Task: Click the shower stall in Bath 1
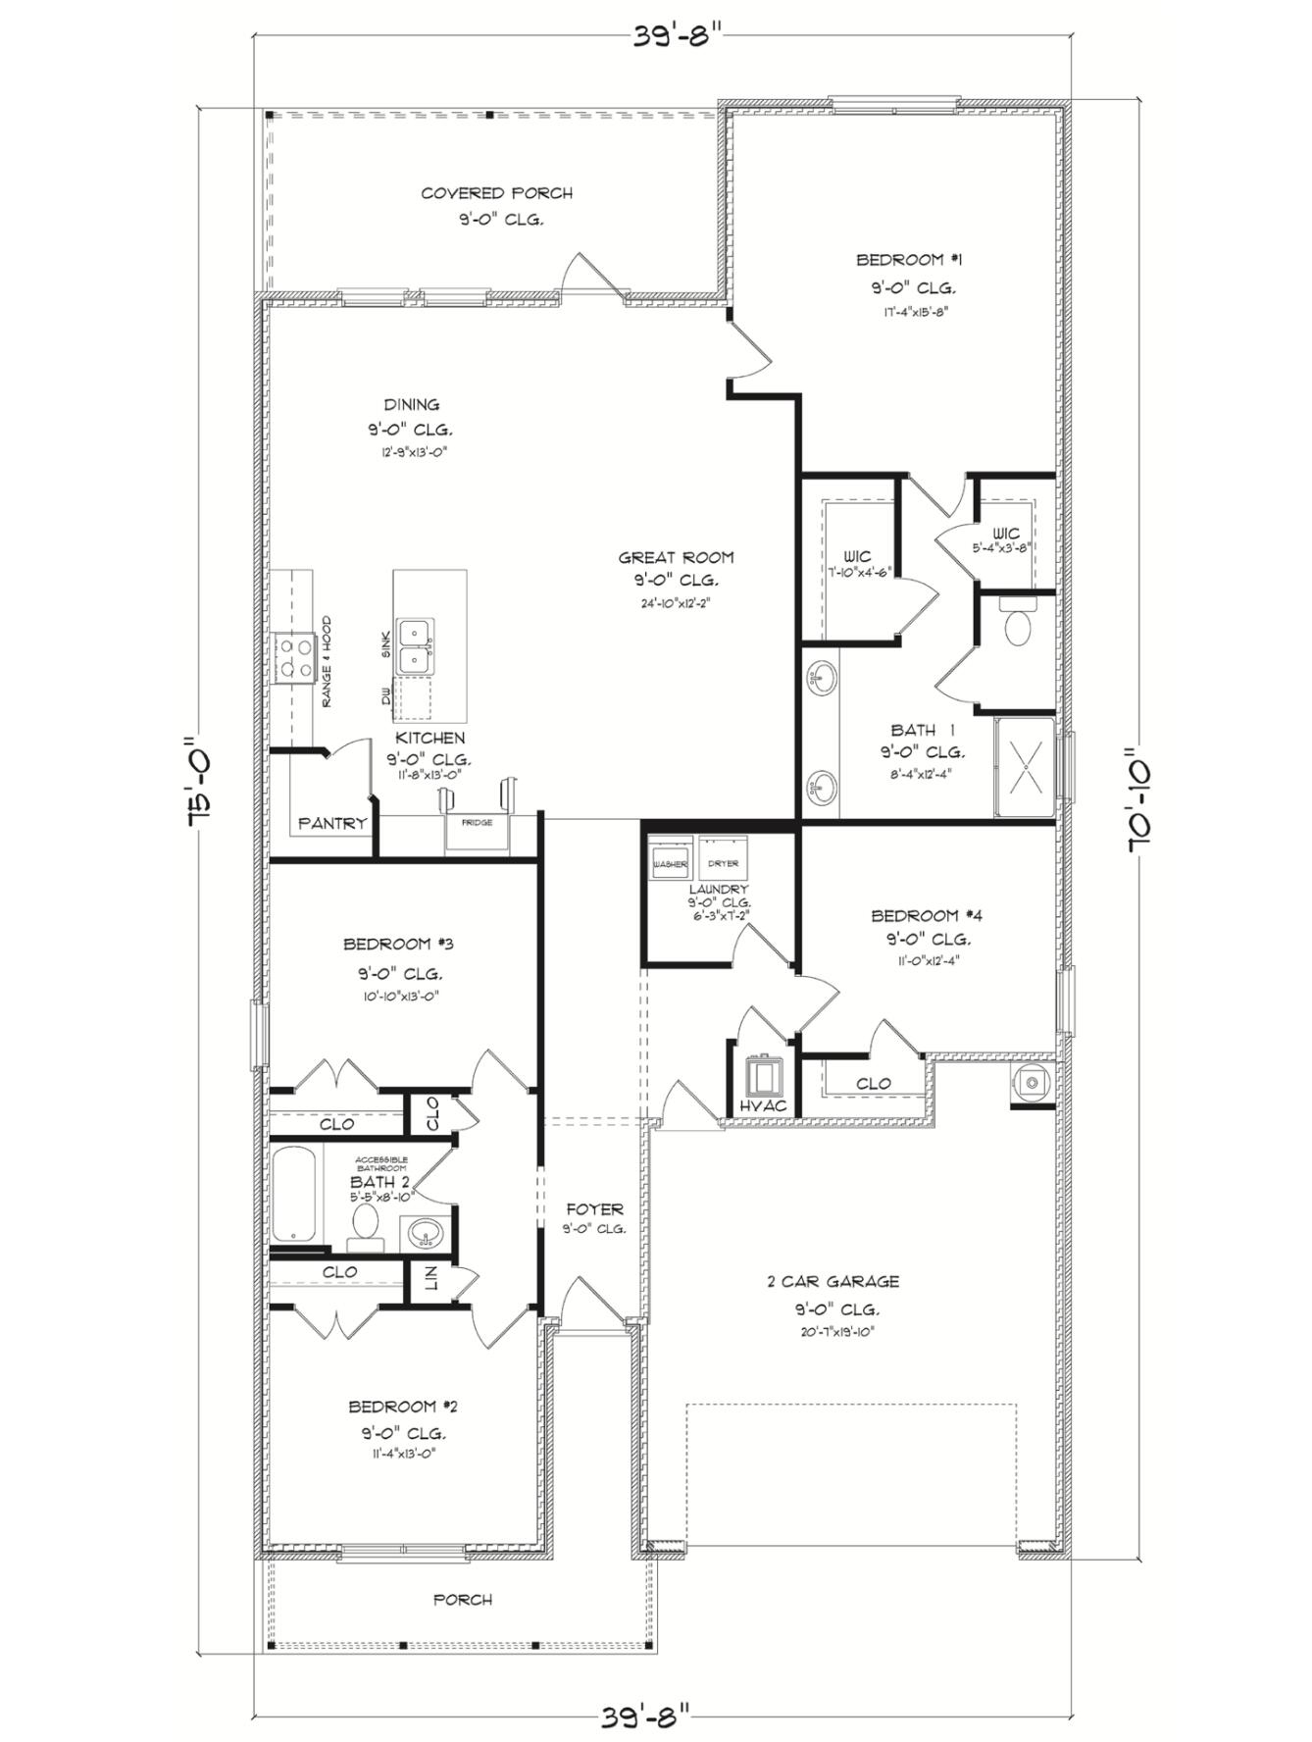[x=1025, y=767]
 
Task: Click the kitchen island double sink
[x=415, y=646]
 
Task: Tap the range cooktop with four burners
[x=293, y=658]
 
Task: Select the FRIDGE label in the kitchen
[x=478, y=823]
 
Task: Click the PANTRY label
[x=331, y=824]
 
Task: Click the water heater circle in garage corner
[x=1032, y=1082]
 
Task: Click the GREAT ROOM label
[x=676, y=557]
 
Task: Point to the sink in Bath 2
[x=424, y=1232]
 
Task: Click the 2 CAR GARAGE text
[x=833, y=1281]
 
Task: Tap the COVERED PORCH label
[x=496, y=193]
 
